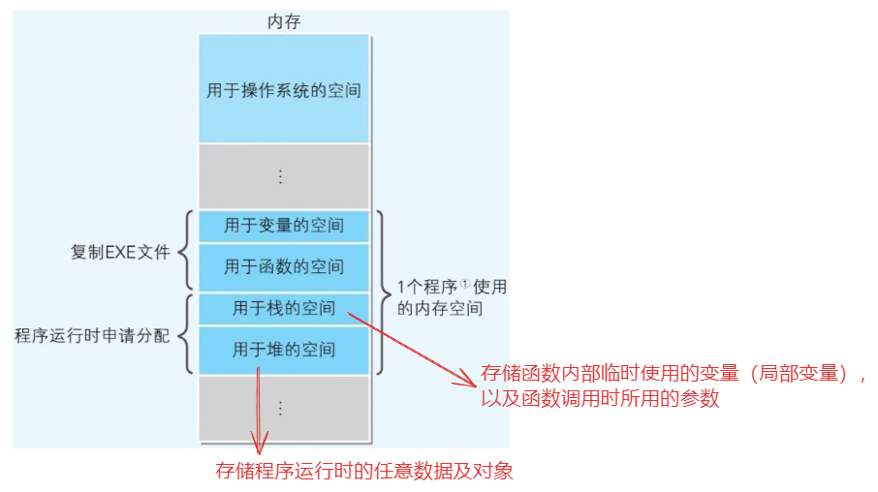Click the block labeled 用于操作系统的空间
click(x=283, y=90)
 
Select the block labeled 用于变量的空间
click(x=283, y=226)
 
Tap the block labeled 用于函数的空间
click(x=283, y=266)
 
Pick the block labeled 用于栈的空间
click(x=283, y=309)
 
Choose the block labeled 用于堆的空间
click(x=283, y=349)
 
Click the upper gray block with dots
click(x=283, y=176)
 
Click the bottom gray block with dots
click(x=283, y=407)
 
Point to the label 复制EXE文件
click(x=120, y=253)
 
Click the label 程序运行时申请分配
click(x=92, y=336)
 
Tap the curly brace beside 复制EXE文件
click(x=187, y=251)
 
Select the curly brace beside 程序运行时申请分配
click(x=187, y=335)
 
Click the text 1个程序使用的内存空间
click(x=452, y=298)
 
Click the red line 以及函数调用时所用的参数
click(x=600, y=398)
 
